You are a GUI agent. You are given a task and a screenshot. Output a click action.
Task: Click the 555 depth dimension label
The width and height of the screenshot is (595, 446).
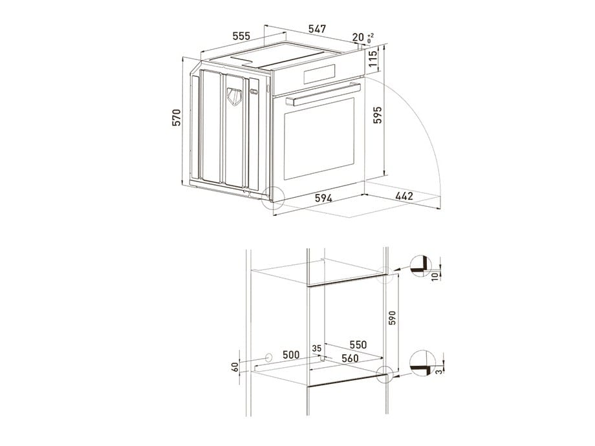click(241, 36)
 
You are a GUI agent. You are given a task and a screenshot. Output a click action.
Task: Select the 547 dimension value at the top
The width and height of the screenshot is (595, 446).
click(317, 29)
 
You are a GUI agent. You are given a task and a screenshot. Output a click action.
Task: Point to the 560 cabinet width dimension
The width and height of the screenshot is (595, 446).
click(351, 359)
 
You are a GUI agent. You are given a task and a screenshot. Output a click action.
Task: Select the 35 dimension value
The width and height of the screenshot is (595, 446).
click(316, 348)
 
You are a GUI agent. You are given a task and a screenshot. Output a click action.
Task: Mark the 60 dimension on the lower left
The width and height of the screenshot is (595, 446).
click(235, 366)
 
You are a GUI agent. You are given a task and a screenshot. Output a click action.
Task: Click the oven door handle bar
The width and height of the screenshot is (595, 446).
click(321, 93)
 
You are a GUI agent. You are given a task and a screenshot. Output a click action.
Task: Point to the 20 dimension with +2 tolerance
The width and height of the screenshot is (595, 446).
click(359, 38)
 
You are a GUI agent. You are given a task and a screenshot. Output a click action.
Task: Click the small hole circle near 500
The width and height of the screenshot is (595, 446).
click(267, 357)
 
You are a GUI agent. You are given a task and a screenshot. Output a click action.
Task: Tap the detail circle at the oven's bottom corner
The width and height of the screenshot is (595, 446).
click(274, 196)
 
